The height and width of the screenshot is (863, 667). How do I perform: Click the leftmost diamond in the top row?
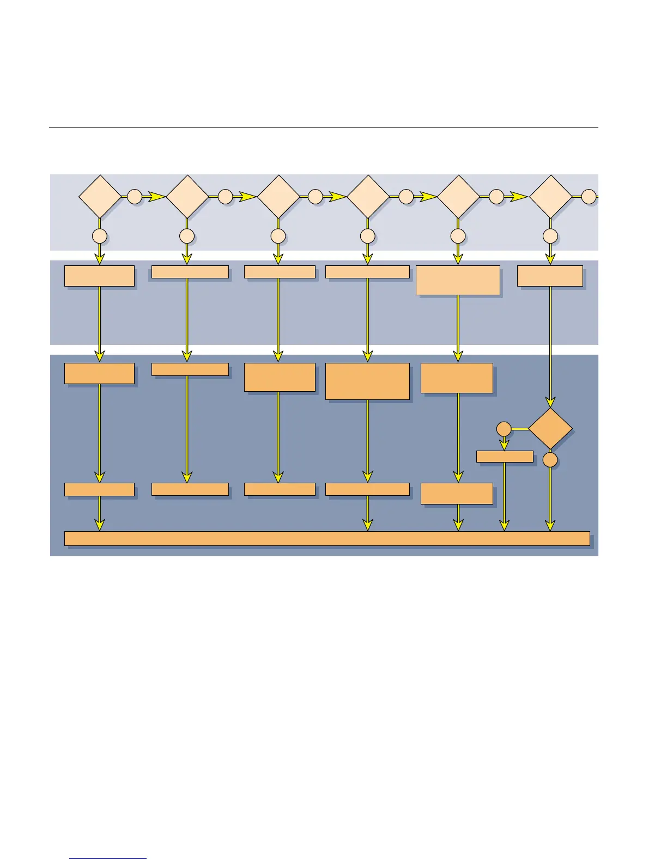click(100, 197)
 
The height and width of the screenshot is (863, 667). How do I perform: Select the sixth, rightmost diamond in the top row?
click(550, 197)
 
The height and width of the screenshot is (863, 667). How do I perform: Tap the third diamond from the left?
click(278, 197)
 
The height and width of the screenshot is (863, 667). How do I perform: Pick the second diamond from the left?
click(187, 197)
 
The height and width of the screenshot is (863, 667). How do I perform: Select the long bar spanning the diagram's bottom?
click(327, 538)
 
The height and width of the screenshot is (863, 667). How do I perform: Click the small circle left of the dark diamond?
click(504, 429)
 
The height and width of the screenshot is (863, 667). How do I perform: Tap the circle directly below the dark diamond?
click(550, 460)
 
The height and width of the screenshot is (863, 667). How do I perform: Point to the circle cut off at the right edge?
click(589, 197)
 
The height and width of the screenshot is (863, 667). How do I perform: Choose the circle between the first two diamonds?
click(135, 197)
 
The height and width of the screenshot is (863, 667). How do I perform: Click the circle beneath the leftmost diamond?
click(100, 236)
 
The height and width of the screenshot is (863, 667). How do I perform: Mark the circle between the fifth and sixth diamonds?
click(496, 197)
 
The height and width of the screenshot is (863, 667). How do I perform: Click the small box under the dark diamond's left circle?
click(505, 457)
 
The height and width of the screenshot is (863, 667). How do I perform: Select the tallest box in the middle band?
click(458, 281)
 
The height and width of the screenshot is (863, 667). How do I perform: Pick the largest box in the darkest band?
click(367, 381)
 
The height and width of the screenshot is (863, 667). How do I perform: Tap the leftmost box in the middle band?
click(99, 276)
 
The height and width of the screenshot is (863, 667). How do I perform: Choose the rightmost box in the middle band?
click(550, 276)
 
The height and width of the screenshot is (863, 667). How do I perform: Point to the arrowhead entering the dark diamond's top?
click(550, 403)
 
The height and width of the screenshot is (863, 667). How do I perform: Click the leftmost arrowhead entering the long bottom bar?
click(99, 525)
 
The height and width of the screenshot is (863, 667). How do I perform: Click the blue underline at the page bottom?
click(108, 858)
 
